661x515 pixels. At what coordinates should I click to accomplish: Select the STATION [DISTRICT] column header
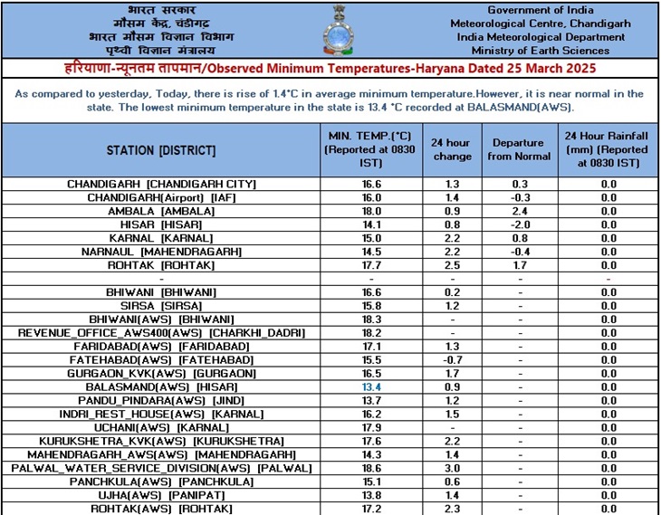(x=161, y=149)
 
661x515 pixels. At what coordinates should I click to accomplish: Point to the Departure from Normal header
(x=518, y=149)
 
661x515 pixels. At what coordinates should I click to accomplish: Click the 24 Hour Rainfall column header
(x=608, y=149)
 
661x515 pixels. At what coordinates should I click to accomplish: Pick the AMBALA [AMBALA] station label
(x=161, y=211)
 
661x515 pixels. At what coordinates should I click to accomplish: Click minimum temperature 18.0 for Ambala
(x=371, y=211)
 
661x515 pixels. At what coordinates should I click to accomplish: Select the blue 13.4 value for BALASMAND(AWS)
(x=371, y=387)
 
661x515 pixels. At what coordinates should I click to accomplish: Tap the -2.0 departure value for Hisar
(x=518, y=224)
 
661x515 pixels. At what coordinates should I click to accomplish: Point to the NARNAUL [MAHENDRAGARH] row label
(x=161, y=252)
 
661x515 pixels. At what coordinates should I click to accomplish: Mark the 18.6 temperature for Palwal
(x=371, y=468)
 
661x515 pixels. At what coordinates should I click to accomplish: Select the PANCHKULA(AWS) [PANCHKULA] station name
(x=161, y=482)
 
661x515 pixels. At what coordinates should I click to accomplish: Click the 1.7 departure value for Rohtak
(x=518, y=265)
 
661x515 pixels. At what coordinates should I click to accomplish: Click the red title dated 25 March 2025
(x=330, y=69)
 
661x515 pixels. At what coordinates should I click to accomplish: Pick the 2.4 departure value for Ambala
(x=518, y=211)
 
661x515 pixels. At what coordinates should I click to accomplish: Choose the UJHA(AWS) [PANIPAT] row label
(x=161, y=495)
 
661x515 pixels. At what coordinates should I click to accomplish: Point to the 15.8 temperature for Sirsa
(x=371, y=306)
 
